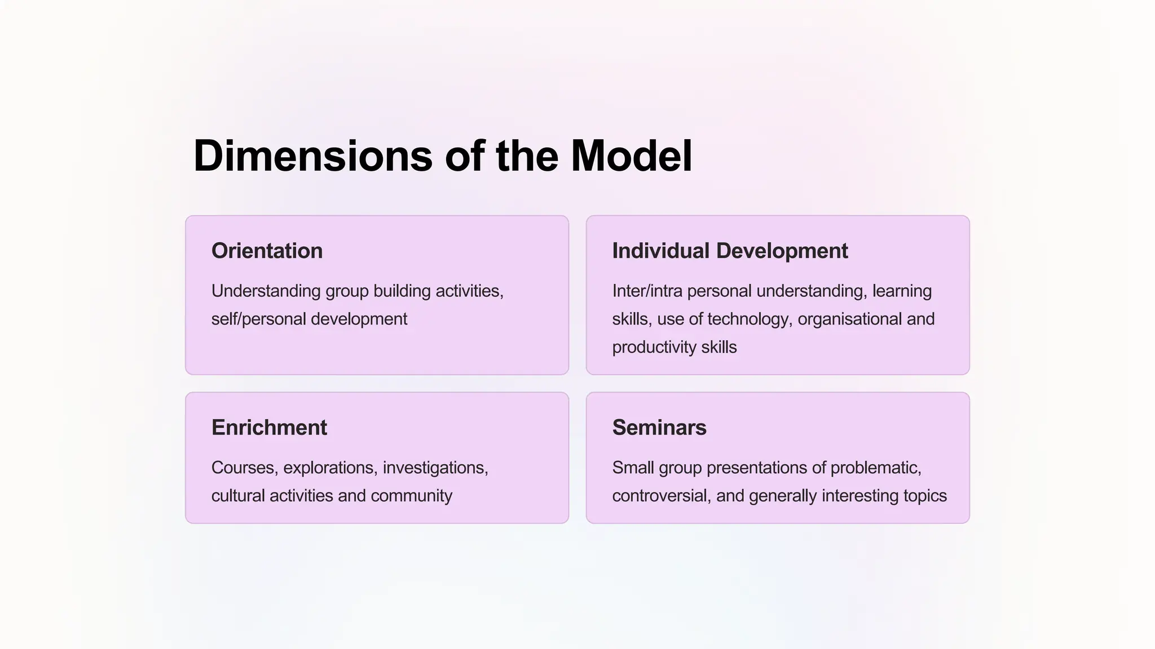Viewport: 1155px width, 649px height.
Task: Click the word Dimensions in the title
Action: coord(312,156)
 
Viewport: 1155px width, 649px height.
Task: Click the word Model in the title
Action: coord(631,156)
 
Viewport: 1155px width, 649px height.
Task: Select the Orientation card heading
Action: coord(267,251)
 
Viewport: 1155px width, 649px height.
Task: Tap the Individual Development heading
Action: coord(730,251)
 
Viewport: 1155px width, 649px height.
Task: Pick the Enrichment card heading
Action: coord(269,428)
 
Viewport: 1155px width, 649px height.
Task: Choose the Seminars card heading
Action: coord(659,428)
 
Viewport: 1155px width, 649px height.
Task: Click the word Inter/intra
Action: coord(647,291)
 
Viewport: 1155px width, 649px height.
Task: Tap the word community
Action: coord(411,496)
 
